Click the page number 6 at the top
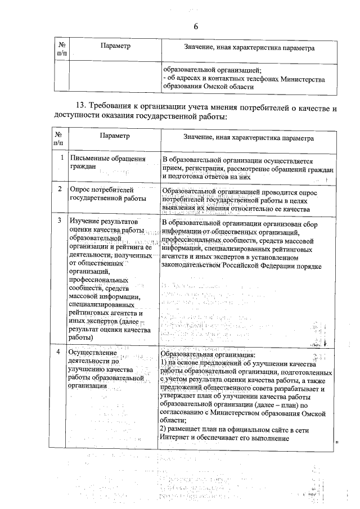pyautogui.click(x=196, y=27)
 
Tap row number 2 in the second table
pyautogui.click(x=60, y=189)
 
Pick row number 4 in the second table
pyautogui.click(x=60, y=352)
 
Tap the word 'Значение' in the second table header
pyautogui.click(x=196, y=137)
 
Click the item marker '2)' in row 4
pyautogui.click(x=165, y=430)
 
